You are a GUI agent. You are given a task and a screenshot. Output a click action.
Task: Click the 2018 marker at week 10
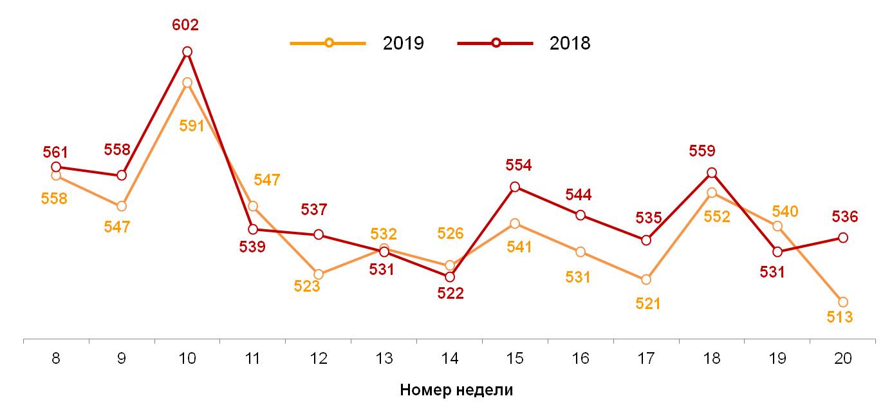coord(187,52)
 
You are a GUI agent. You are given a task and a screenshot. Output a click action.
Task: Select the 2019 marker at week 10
coord(187,82)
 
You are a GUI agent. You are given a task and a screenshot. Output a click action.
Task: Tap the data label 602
coord(185,25)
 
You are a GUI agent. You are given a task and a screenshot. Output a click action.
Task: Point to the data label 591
coord(192,126)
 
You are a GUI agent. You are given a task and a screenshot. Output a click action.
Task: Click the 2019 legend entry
coord(357,43)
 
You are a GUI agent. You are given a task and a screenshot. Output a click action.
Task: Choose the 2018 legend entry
coord(524,43)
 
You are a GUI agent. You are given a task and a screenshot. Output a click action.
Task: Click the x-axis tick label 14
coord(450,359)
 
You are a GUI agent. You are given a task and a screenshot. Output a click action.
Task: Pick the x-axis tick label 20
coord(842,359)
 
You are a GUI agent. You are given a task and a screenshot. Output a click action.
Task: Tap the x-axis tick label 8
coord(56,359)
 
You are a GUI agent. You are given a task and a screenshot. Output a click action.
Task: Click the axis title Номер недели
coord(456,390)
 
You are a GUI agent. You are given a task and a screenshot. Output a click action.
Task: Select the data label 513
coord(839,317)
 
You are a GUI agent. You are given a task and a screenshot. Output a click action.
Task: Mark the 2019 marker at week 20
coord(842,302)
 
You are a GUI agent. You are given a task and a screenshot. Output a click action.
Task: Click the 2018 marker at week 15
coord(515,187)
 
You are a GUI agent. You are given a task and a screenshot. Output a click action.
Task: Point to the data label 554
coord(518,165)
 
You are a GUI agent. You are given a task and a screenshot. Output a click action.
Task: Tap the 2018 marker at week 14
coord(450,277)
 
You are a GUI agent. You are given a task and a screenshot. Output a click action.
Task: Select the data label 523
coord(307,287)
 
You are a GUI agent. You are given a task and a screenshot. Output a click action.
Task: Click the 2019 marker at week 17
coord(646,279)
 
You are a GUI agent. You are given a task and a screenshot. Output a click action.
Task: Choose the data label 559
coord(719,151)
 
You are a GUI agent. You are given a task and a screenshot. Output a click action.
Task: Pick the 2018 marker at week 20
coord(842,238)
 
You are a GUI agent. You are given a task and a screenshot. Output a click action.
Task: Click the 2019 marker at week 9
coord(122,206)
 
